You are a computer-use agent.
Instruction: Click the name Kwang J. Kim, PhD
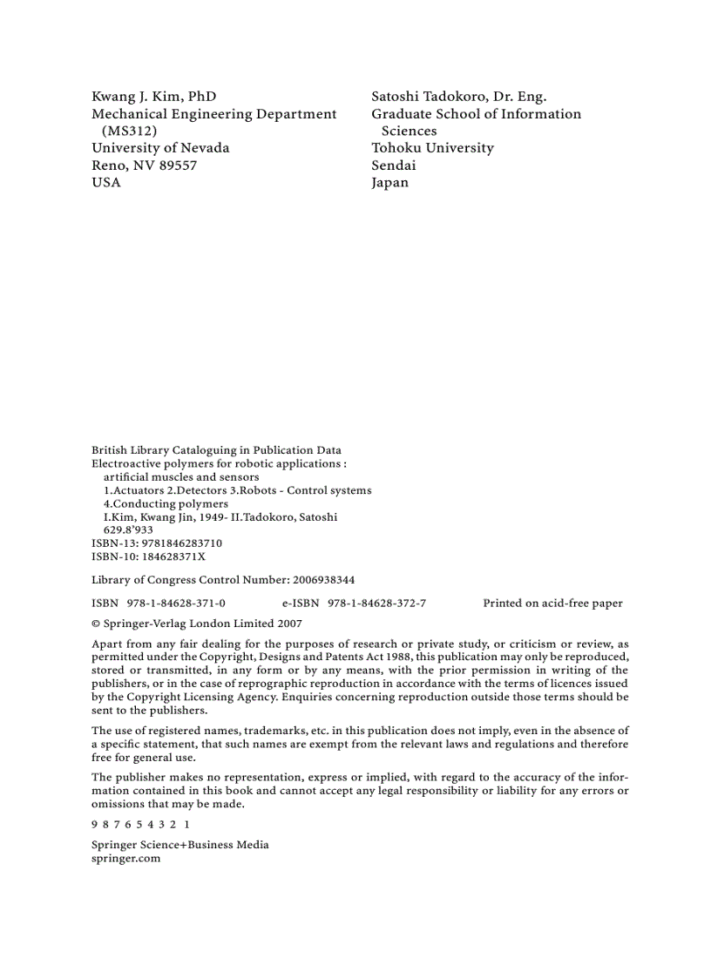(153, 97)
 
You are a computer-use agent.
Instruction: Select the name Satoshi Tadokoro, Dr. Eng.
(458, 97)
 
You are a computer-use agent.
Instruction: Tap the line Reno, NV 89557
(144, 165)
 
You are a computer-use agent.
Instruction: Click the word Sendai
(393, 165)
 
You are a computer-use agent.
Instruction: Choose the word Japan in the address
(389, 183)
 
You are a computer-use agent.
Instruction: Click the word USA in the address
(106, 183)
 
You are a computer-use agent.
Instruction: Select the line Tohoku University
(432, 148)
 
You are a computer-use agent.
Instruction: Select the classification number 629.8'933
(128, 529)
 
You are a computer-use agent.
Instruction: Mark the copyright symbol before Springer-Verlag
(96, 624)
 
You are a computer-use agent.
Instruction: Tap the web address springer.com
(125, 858)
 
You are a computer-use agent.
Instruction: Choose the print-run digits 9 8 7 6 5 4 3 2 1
(140, 824)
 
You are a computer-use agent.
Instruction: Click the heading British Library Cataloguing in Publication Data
(216, 451)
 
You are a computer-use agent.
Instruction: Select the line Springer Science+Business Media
(179, 845)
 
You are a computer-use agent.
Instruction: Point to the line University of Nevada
(160, 148)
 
